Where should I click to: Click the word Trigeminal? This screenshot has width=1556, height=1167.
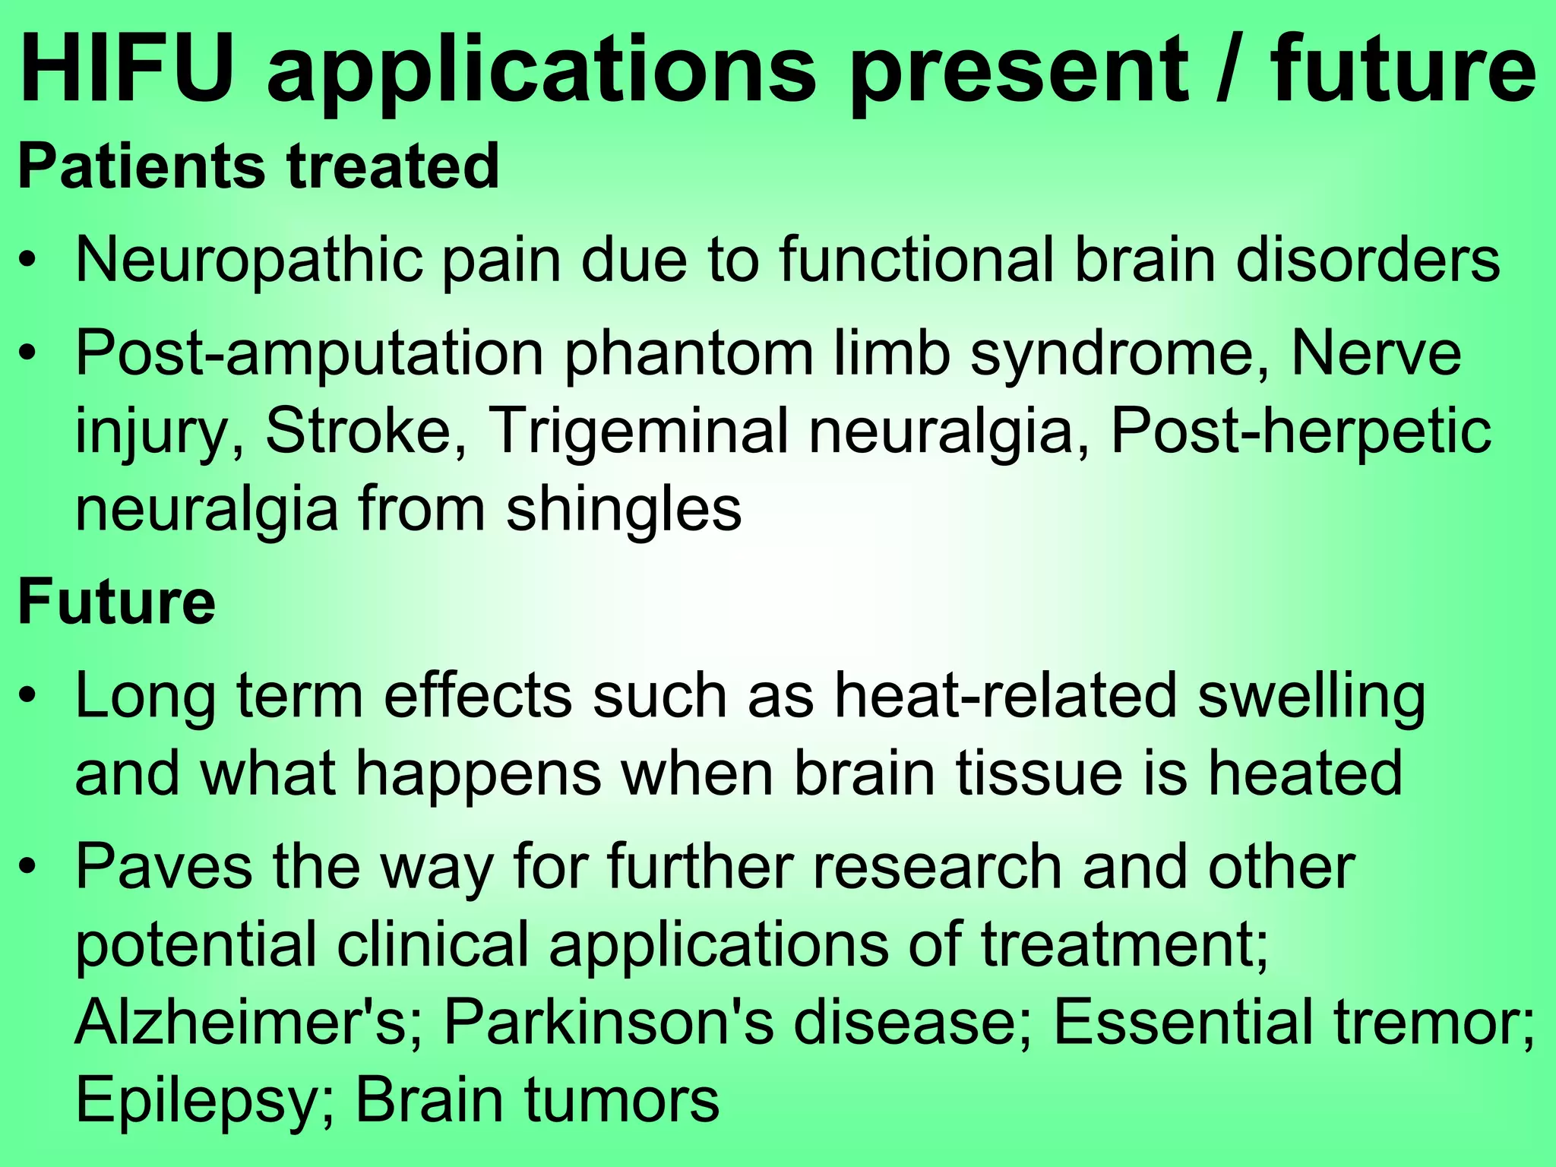(638, 431)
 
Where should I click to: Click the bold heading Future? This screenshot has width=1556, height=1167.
(116, 602)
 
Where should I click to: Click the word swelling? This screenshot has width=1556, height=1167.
(1311, 697)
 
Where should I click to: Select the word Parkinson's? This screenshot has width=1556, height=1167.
(609, 1022)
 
